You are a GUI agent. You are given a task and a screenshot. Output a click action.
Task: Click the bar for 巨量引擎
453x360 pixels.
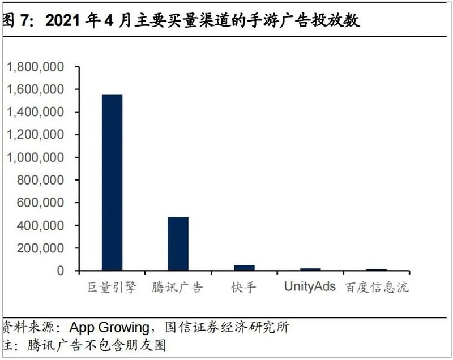[112, 182]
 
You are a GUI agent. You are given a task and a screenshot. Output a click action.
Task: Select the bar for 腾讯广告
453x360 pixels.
[178, 243]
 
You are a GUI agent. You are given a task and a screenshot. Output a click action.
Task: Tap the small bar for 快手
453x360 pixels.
[244, 267]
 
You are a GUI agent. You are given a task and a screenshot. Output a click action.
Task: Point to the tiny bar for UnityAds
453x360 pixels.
[310, 269]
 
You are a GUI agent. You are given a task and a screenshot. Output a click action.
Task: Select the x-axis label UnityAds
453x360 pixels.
[310, 286]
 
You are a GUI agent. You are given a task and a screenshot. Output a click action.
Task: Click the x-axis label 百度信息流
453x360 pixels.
[376, 287]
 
